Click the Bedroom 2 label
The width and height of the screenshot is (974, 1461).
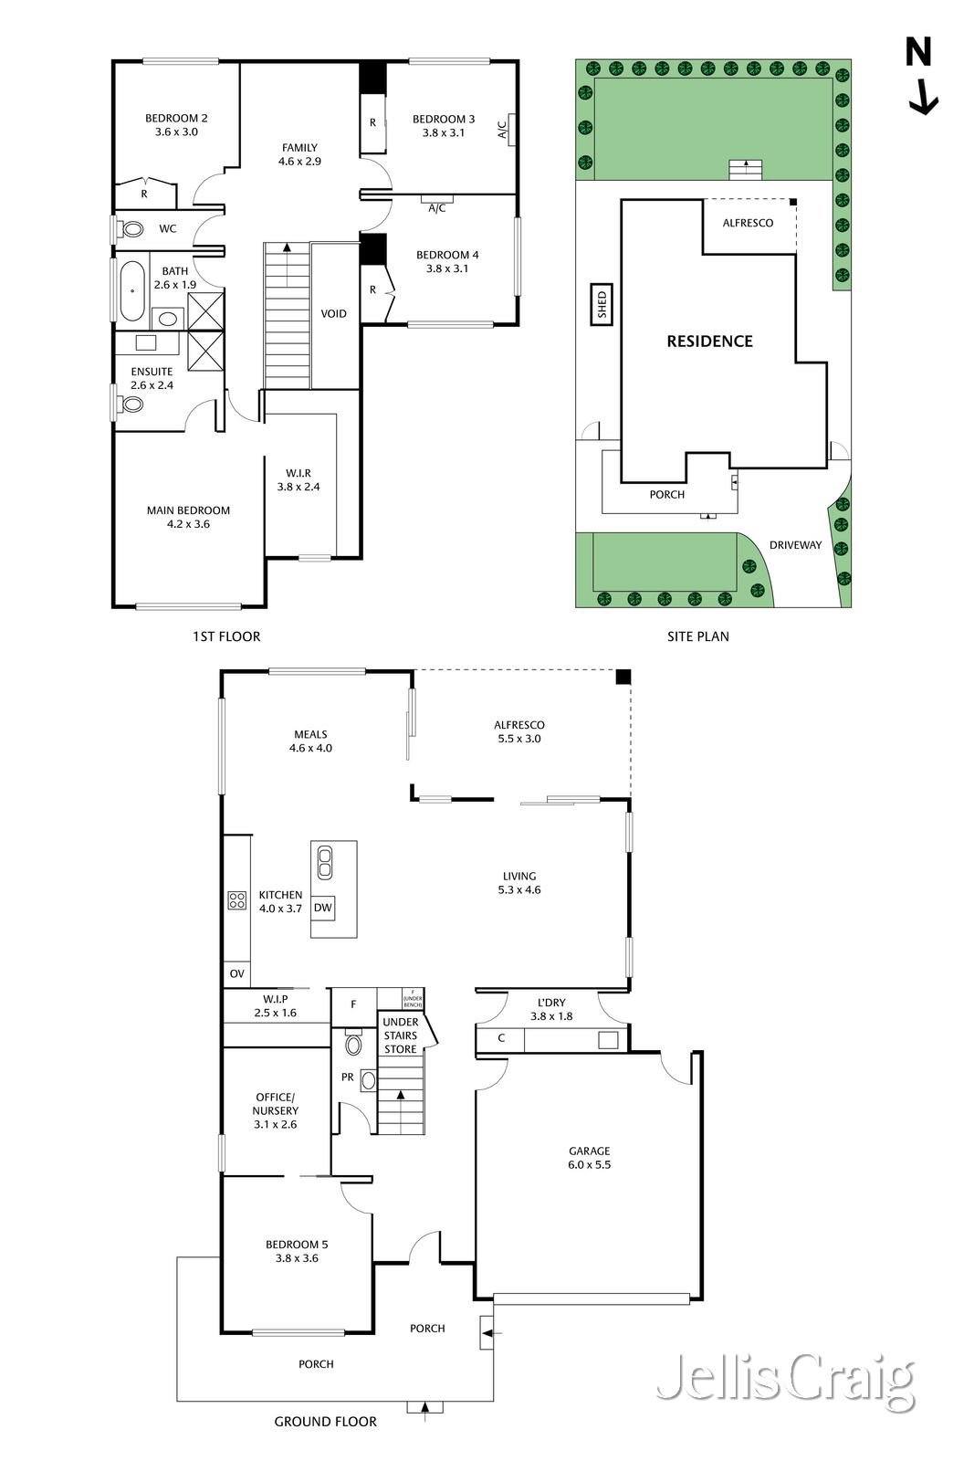[176, 125]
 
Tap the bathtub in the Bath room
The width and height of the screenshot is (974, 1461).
[133, 291]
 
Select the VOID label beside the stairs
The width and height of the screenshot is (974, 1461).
[334, 314]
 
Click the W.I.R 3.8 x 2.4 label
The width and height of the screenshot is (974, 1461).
[298, 480]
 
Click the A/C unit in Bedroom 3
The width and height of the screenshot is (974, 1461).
[511, 130]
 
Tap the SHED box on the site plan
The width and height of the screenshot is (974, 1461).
[602, 304]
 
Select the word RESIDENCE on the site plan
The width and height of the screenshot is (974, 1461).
[709, 342]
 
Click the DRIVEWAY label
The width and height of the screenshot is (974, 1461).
[795, 545]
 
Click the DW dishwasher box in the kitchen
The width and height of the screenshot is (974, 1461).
[323, 908]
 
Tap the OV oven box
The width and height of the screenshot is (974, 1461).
[237, 974]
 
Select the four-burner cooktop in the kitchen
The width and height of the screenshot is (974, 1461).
[237, 900]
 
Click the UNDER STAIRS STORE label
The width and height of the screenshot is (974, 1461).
[401, 1035]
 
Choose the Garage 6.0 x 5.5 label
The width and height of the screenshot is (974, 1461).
[589, 1158]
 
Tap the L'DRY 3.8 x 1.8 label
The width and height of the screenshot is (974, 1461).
[551, 1009]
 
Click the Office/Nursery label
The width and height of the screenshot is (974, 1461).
[276, 1110]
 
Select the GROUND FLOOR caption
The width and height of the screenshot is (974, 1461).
[326, 1422]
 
